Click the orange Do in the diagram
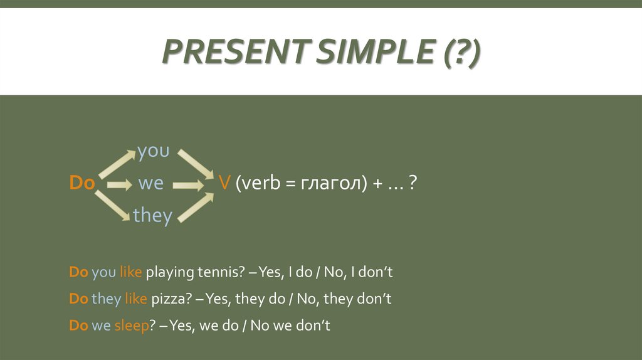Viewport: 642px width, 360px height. [82, 183]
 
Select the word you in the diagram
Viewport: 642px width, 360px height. [153, 151]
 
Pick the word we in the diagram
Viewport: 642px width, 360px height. [150, 183]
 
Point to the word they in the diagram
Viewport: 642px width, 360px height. [152, 215]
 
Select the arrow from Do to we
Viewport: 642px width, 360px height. [118, 184]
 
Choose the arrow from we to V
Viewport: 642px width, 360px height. [189, 185]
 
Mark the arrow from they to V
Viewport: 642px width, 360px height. [195, 205]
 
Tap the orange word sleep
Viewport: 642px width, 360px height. [130, 326]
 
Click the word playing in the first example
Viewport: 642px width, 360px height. [171, 273]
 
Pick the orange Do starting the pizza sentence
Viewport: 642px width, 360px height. [78, 299]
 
